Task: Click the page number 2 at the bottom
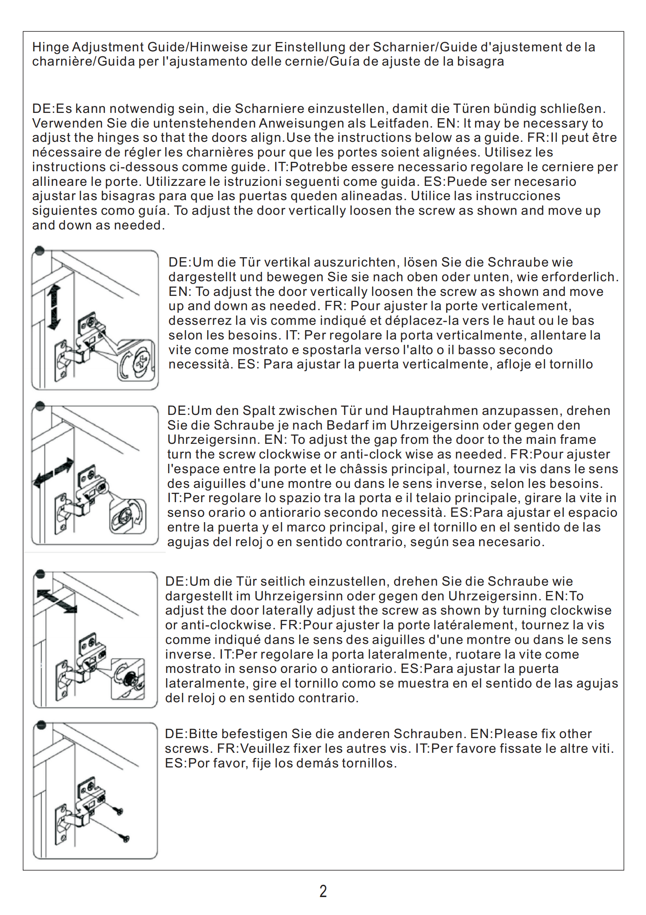[323, 891]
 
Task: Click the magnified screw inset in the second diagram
[127, 516]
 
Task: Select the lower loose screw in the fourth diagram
[125, 838]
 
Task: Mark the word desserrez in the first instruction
[200, 321]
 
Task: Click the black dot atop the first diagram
[39, 251]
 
